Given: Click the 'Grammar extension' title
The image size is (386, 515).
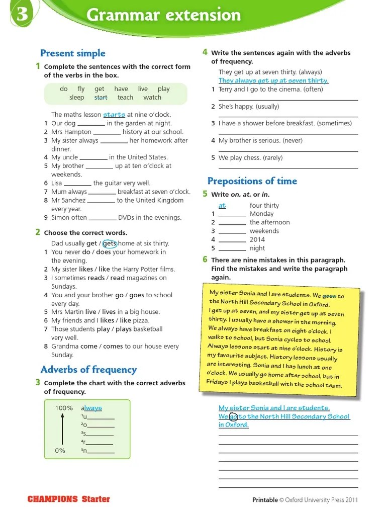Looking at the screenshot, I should [163, 15].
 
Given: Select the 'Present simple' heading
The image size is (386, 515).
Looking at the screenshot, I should [72, 53].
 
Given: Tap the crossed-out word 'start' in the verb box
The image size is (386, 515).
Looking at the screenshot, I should [101, 98].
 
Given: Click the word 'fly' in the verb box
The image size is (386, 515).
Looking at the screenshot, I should [81, 89].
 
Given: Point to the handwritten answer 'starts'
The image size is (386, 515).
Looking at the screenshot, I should [114, 115].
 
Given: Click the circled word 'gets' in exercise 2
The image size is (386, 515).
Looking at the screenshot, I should [110, 243].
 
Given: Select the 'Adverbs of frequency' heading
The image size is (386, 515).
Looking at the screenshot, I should [88, 370].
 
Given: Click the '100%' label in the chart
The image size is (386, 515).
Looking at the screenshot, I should [64, 408].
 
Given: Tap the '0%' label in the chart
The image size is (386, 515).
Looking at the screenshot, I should [60, 451].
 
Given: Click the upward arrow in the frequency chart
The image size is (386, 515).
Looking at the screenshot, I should [62, 429].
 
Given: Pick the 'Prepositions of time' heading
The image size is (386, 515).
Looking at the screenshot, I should [252, 181].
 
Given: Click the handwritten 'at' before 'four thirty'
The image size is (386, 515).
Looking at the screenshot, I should [222, 206].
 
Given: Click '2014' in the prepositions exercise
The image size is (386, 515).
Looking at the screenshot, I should [257, 239].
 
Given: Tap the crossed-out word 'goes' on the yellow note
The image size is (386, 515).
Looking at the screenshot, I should [329, 296].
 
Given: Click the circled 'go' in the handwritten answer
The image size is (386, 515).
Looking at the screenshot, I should [233, 416].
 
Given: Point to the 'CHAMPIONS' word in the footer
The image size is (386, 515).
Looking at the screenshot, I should [53, 499].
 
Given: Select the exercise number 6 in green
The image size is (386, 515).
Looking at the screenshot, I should [205, 260].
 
